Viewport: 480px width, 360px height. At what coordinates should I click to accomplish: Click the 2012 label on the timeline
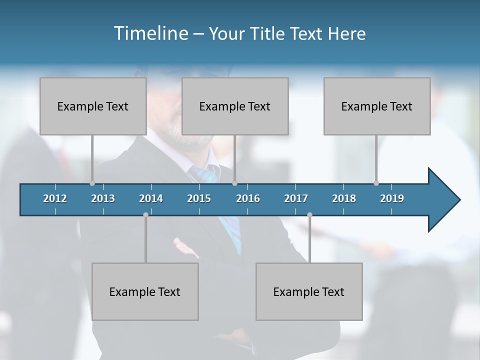pyautogui.click(x=55, y=198)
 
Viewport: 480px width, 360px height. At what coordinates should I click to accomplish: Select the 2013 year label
pyautogui.click(x=103, y=198)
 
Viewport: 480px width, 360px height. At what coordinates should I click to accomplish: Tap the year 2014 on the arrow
pyautogui.click(x=151, y=198)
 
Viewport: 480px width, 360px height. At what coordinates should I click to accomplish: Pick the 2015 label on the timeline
pyautogui.click(x=199, y=198)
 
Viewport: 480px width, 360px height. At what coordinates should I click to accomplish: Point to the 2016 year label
pyautogui.click(x=248, y=198)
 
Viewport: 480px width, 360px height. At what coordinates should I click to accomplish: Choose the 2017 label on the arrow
pyautogui.click(x=296, y=198)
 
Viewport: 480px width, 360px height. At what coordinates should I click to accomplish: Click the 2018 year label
pyautogui.click(x=344, y=198)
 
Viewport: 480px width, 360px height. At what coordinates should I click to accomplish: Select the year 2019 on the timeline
pyautogui.click(x=392, y=198)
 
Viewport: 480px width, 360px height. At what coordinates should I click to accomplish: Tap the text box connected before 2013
pyautogui.click(x=92, y=106)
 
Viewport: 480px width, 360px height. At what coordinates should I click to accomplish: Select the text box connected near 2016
pyautogui.click(x=234, y=106)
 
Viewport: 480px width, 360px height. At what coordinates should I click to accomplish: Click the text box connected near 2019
pyautogui.click(x=376, y=106)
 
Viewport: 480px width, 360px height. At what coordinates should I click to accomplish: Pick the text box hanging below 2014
pyautogui.click(x=145, y=291)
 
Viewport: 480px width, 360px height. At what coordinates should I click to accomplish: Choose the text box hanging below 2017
pyautogui.click(x=309, y=291)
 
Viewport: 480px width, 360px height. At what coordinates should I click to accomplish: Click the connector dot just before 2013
pyautogui.click(x=92, y=183)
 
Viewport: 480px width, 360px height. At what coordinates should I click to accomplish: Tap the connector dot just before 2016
pyautogui.click(x=234, y=183)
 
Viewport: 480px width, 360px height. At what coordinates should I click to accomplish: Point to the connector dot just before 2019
pyautogui.click(x=376, y=183)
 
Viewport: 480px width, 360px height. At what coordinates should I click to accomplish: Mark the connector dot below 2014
pyautogui.click(x=145, y=214)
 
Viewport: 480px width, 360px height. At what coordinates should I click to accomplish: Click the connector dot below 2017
pyautogui.click(x=309, y=214)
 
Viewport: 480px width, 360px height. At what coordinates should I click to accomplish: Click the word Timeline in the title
pyautogui.click(x=150, y=33)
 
